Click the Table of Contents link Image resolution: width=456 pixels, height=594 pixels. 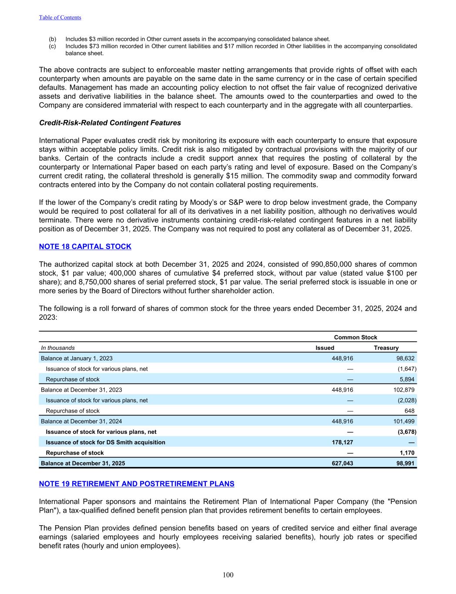[x=60, y=17]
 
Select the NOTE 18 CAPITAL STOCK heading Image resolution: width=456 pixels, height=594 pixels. [x=85, y=247]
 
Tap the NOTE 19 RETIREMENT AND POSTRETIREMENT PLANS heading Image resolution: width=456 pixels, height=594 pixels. [x=137, y=483]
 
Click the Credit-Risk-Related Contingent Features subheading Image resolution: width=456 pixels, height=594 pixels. [x=110, y=123]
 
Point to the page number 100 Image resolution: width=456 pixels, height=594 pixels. [x=228, y=575]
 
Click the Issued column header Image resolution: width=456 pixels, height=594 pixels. [x=325, y=348]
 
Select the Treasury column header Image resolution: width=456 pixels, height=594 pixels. [x=386, y=348]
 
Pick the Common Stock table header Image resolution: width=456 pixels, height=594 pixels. [x=355, y=337]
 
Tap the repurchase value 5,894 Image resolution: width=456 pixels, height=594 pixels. [x=407, y=379]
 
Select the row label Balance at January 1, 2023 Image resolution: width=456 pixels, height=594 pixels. [x=77, y=358]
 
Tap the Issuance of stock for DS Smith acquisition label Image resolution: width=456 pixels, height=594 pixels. [x=105, y=442]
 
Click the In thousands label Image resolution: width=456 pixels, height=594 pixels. [x=58, y=348]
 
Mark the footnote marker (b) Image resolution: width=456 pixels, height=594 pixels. [x=52, y=39]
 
